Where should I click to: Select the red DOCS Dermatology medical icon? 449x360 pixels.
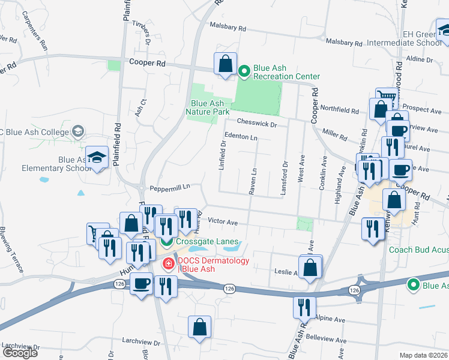[x=169, y=263]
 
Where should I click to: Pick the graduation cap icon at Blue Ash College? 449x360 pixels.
[x=78, y=131]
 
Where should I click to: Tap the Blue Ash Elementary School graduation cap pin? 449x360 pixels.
[x=96, y=158]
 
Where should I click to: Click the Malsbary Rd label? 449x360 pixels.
[x=228, y=28]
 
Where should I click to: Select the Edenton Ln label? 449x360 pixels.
[x=241, y=137]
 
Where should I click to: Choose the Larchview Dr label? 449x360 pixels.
[x=140, y=343]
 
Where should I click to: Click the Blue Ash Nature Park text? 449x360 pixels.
[x=208, y=107]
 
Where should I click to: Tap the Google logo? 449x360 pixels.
[x=20, y=353]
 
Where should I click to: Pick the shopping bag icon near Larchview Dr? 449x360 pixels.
[x=199, y=327]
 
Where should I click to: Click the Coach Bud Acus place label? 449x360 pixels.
[x=418, y=250]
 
